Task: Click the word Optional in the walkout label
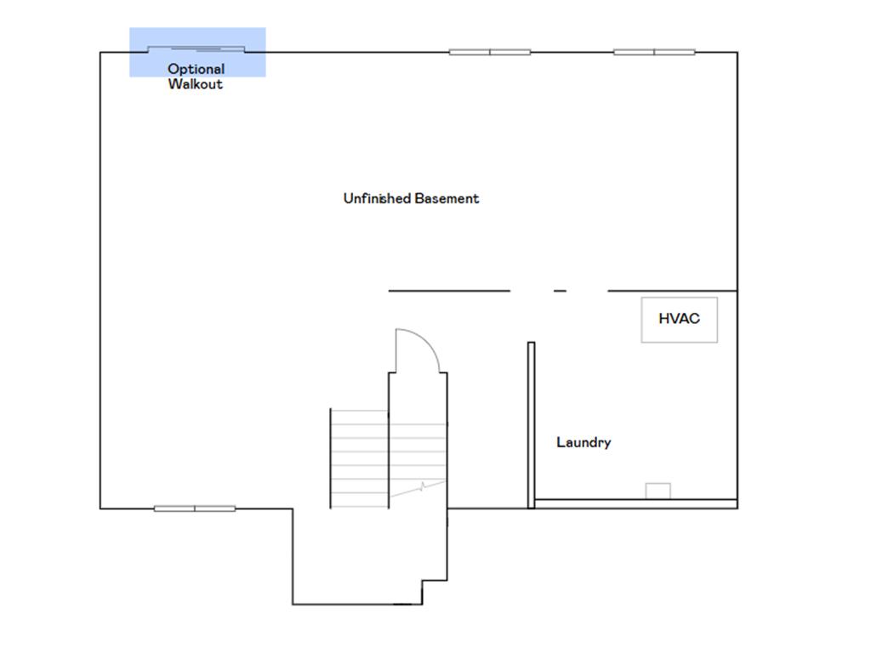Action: (196, 69)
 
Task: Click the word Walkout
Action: (195, 84)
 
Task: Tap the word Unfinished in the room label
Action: (377, 198)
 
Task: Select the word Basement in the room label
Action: (447, 198)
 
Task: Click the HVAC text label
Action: (679, 319)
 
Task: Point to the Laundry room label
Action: (584, 442)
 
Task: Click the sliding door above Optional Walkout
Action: (196, 48)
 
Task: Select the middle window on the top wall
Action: (490, 52)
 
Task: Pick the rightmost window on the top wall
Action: (654, 52)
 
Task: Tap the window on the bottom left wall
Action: (195, 508)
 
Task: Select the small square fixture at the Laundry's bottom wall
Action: (658, 491)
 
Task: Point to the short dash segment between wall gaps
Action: (560, 291)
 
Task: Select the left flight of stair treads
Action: (359, 459)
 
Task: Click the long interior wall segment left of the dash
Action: (449, 291)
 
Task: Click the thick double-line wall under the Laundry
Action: (635, 504)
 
